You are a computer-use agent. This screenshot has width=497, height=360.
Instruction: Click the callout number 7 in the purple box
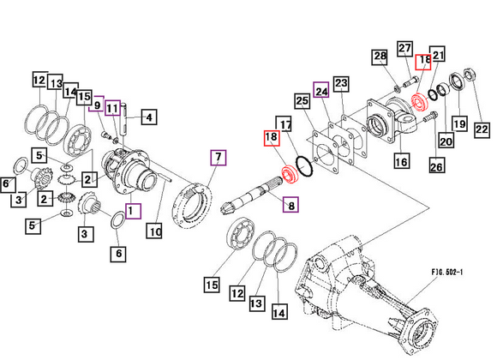pyautogui.click(x=219, y=157)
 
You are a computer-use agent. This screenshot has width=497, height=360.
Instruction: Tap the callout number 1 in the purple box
pyautogui.click(x=130, y=209)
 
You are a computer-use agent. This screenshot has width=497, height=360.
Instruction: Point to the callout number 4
pyautogui.click(x=147, y=117)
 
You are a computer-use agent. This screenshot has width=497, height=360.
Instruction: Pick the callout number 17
pyautogui.click(x=285, y=124)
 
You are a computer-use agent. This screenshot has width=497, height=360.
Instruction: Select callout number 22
pyautogui.click(x=482, y=129)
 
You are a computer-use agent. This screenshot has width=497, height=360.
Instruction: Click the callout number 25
pyautogui.click(x=302, y=102)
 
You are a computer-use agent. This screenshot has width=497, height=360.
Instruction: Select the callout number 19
pyautogui.click(x=459, y=124)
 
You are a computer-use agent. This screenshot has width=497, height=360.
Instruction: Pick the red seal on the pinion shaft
pyautogui.click(x=289, y=175)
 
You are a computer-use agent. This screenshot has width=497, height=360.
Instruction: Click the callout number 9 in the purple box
pyautogui.click(x=97, y=104)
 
